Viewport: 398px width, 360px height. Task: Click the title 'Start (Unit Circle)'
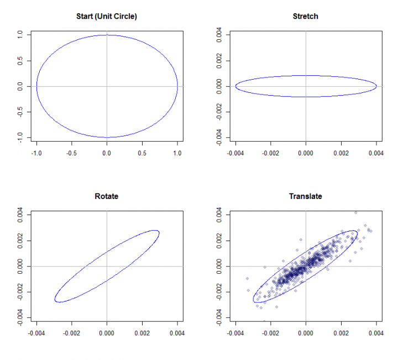107,17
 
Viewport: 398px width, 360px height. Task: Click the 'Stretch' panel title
305,17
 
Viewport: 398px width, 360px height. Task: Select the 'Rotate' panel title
107,196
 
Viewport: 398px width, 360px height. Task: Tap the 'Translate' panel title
305,196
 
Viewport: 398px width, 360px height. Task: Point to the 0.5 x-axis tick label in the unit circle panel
142,153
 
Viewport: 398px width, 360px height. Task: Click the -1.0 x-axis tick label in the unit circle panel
36,153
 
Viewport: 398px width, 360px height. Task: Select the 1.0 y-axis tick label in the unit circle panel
20,34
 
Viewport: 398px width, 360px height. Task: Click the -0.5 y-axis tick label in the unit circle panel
20,112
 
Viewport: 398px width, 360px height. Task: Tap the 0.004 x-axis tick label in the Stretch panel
376,153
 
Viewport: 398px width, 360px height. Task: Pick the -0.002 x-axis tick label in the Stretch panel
270,153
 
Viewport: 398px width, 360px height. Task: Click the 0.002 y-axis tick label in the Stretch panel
219,61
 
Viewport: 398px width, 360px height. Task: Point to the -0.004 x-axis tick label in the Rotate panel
36,333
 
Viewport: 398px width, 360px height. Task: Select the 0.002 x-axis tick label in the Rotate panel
142,333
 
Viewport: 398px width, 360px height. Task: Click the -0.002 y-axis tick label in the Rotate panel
20,292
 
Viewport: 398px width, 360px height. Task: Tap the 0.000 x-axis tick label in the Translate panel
306,333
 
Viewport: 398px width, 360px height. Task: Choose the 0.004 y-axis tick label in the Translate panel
219,215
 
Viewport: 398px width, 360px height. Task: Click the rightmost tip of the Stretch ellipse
376,86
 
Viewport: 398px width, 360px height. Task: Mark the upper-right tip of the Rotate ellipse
159,232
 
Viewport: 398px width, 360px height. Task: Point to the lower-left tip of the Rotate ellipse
56,301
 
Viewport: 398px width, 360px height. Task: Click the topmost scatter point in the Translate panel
355,213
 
